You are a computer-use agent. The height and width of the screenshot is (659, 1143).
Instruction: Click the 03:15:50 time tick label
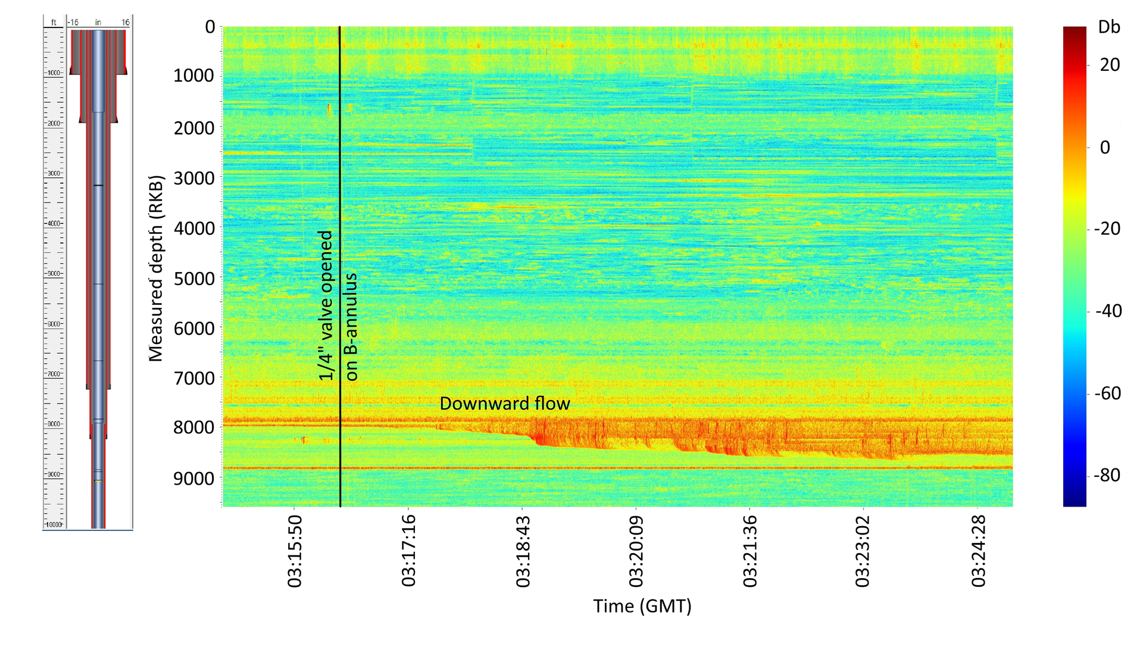point(295,551)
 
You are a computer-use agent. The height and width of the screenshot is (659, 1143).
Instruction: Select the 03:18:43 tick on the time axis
point(523,551)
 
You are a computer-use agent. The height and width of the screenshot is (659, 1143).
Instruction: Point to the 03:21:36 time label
point(750,551)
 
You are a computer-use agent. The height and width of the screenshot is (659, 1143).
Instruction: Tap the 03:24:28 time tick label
point(978,551)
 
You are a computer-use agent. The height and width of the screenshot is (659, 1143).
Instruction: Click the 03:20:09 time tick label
point(636,551)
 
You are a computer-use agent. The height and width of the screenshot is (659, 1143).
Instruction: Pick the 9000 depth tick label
point(193,479)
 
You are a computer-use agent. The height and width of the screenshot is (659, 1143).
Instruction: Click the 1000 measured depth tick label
point(193,76)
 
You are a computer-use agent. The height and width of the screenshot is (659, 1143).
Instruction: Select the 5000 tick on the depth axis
point(193,279)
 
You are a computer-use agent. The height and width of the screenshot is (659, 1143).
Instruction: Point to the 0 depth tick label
point(210,27)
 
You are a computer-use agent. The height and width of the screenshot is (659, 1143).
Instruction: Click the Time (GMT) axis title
point(642,606)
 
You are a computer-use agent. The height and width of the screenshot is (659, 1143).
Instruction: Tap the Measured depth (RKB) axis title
point(156,268)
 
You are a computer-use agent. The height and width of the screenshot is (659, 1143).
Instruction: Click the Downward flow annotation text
point(505,404)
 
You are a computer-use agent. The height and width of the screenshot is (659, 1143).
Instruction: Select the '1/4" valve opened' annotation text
point(326,305)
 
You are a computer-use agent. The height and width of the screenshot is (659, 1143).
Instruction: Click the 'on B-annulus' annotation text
point(351,326)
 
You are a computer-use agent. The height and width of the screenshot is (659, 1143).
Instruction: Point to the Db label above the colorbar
point(1109,27)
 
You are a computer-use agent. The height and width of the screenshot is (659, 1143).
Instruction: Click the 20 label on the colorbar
point(1110,64)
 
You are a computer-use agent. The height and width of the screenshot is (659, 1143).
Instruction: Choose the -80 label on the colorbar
point(1107,475)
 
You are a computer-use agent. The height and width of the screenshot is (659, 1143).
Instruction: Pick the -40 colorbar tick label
point(1108,311)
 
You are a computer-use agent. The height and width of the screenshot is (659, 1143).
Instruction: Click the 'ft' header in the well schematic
point(54,23)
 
